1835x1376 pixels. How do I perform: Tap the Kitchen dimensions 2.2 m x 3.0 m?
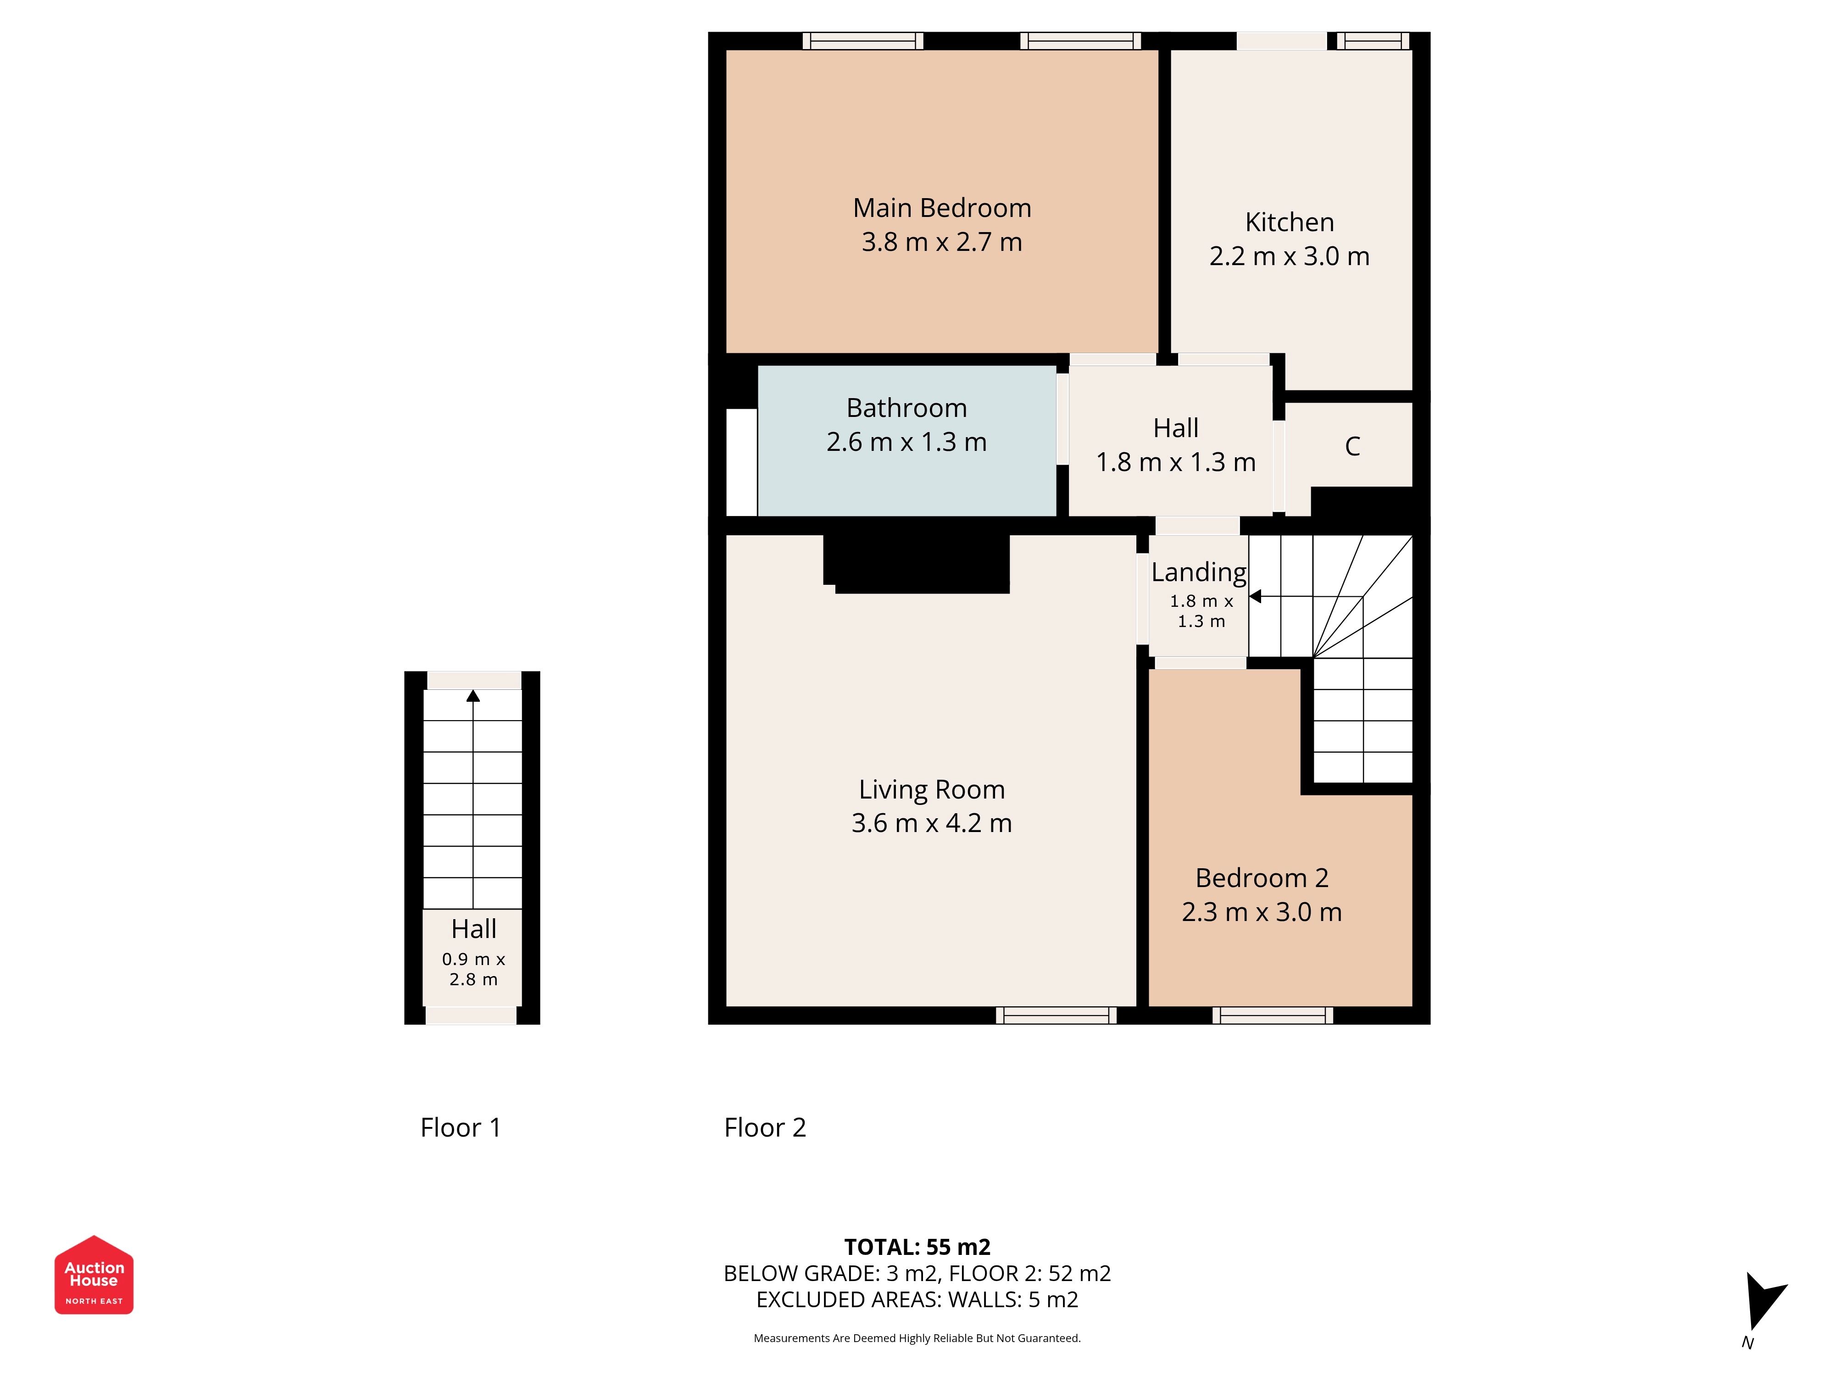click(x=1289, y=256)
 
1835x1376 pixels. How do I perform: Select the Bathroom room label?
click(x=906, y=408)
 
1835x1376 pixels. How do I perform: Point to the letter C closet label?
click(x=1352, y=446)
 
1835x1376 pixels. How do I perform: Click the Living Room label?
click(x=932, y=790)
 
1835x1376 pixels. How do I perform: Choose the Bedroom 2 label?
click(x=1262, y=877)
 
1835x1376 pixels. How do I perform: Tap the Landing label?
click(x=1199, y=572)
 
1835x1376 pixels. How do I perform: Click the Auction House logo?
click(x=94, y=1275)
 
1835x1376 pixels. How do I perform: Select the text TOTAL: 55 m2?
click(x=917, y=1247)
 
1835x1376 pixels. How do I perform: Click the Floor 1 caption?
click(x=461, y=1127)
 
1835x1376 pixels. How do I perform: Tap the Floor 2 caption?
click(x=765, y=1127)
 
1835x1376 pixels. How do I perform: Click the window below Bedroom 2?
click(x=1273, y=1015)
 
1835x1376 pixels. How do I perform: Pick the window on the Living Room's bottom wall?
click(x=1056, y=1015)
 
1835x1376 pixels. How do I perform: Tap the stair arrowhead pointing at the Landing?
click(x=1255, y=596)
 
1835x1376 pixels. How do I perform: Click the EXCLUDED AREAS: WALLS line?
click(x=917, y=1300)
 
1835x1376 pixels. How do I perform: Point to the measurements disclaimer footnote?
click(x=917, y=1338)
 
